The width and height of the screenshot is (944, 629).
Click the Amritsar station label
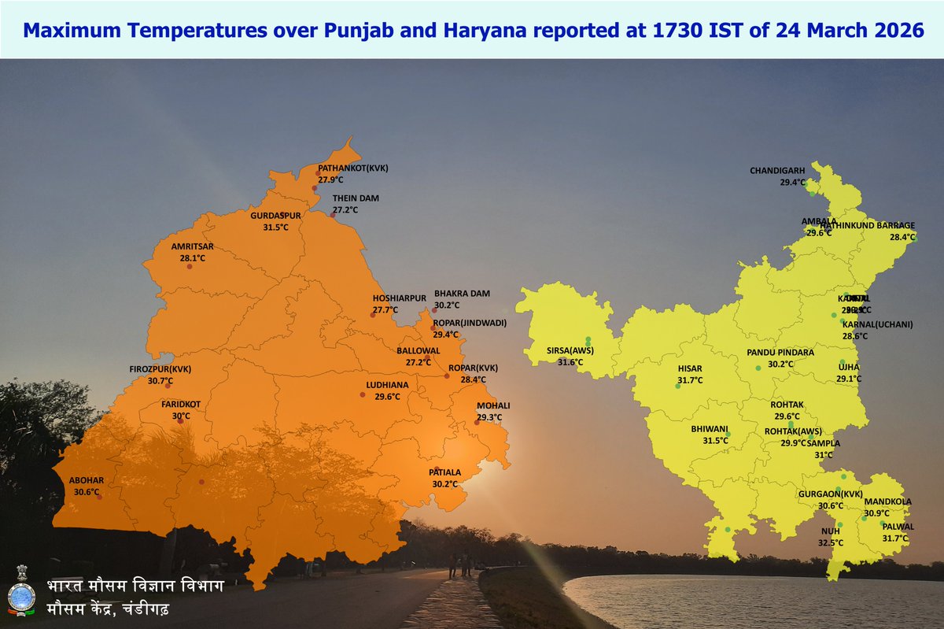193,246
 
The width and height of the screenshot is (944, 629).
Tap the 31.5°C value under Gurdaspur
275,227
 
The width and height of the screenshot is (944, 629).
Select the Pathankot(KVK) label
353,168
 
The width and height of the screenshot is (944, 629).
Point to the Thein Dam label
356,198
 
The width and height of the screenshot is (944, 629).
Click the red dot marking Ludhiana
363,394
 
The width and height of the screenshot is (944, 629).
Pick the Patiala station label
444,472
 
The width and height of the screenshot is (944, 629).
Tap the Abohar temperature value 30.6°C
87,492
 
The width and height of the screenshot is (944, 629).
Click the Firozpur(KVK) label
160,369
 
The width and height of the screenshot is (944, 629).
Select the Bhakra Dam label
462,294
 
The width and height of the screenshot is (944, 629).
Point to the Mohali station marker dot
477,423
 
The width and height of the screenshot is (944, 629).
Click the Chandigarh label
777,170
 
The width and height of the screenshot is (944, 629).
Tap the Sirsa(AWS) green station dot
588,341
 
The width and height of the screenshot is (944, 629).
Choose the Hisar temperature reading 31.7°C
690,380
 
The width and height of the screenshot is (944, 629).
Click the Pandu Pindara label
780,353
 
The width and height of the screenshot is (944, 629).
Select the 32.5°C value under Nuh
831,542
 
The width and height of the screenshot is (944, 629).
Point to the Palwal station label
898,527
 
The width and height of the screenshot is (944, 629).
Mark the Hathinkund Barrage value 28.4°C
902,237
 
